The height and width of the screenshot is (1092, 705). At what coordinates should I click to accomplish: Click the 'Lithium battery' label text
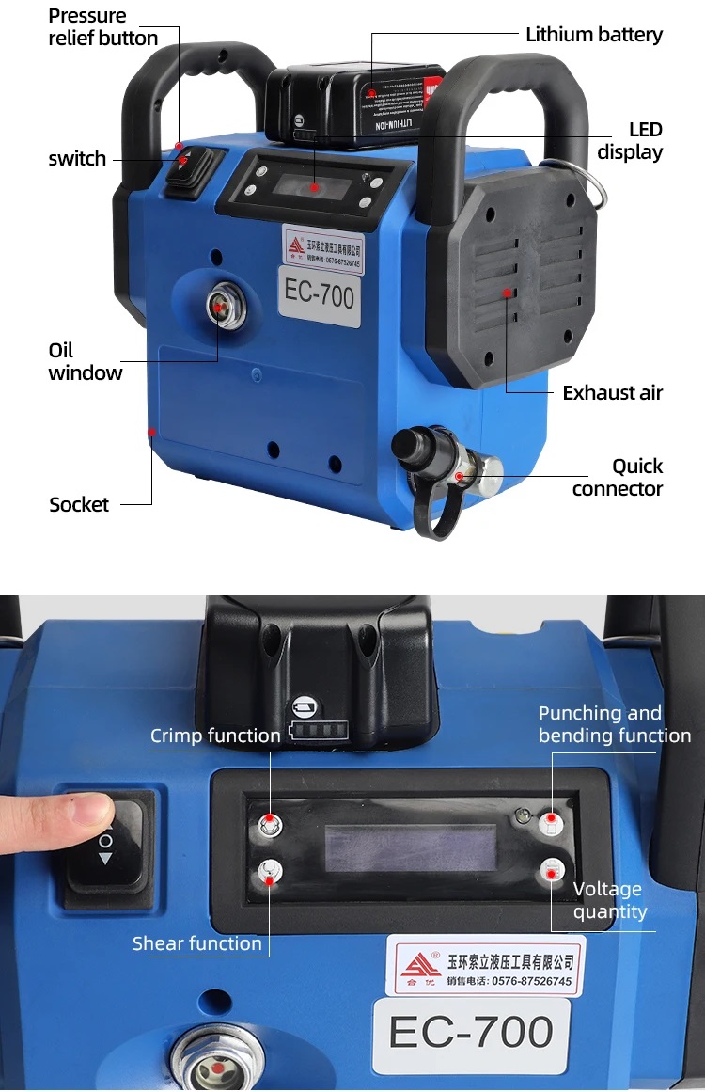[593, 35]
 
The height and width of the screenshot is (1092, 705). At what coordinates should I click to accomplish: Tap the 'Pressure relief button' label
[102, 27]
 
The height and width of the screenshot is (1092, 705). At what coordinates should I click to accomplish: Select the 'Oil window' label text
[86, 362]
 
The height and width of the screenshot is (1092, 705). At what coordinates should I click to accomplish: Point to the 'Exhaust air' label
[612, 393]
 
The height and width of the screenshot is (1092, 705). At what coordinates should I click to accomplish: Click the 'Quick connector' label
[618, 477]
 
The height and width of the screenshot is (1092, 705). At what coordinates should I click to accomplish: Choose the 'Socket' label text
[79, 505]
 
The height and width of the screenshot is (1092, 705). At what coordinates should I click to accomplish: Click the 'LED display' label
[631, 141]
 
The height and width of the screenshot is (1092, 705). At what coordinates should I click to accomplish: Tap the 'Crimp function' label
[215, 736]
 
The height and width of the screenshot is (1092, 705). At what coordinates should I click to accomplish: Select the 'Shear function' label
[197, 943]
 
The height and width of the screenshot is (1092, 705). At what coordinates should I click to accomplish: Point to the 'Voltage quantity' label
[609, 900]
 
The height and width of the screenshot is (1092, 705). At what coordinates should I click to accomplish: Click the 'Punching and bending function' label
[614, 724]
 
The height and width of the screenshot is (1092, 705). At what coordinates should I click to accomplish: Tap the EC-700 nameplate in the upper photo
[320, 295]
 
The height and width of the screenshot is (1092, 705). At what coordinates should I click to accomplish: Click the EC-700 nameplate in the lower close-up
[471, 1033]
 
